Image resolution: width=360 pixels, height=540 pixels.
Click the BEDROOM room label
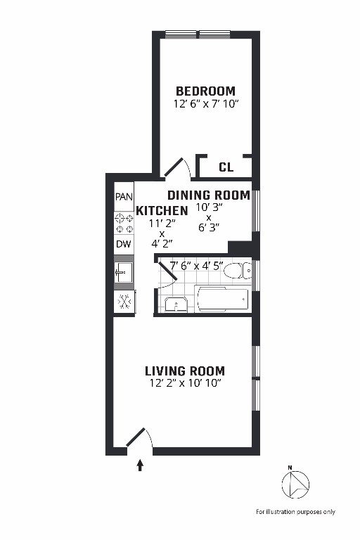[x=205, y=91]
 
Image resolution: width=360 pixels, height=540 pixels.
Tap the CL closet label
[x=226, y=167]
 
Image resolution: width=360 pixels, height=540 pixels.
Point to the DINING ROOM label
[x=208, y=195]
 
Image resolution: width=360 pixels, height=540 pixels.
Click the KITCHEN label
[x=162, y=211]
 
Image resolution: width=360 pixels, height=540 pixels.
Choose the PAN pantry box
[x=124, y=196]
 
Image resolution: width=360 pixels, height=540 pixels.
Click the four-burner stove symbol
[x=124, y=224]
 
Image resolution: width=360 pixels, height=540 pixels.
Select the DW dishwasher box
[x=124, y=245]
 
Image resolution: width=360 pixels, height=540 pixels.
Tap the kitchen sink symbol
[x=124, y=272]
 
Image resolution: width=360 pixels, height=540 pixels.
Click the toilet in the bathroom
[x=243, y=270]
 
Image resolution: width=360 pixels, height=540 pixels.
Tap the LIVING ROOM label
[x=185, y=371]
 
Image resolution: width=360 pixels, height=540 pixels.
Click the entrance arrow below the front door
[x=140, y=464]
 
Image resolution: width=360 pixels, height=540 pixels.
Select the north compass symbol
[x=295, y=484]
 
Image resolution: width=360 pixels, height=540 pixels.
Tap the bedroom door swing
[x=176, y=167]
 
